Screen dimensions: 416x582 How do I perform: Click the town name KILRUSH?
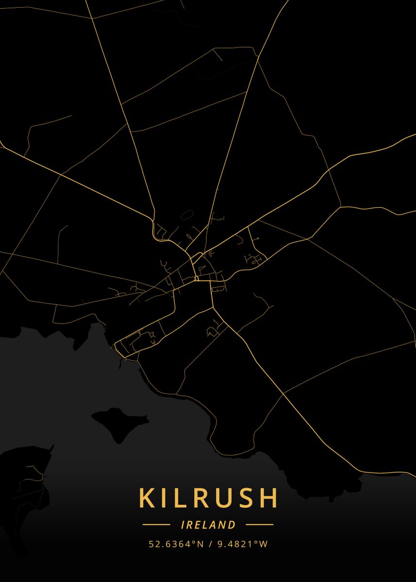208,498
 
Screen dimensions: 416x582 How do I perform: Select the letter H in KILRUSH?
268,498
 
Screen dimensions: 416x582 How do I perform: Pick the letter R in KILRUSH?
194,498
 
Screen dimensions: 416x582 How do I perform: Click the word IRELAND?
208,525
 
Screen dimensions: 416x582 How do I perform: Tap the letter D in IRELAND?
232,525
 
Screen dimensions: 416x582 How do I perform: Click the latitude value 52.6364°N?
176,544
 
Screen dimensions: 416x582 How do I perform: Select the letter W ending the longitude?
264,544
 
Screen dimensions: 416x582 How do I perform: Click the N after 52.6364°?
200,544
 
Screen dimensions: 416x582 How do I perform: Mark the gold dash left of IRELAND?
156,525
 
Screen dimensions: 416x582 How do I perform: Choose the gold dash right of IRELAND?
260,525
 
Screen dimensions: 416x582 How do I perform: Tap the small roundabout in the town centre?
196,278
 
